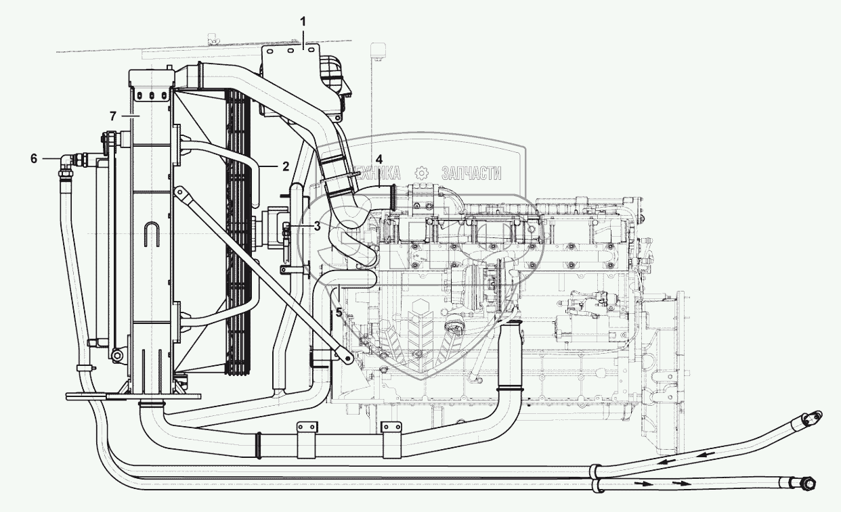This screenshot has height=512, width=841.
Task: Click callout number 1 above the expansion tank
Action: click(303, 21)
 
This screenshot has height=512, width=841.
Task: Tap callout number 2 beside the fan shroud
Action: click(286, 165)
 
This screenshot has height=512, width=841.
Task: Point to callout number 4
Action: click(379, 160)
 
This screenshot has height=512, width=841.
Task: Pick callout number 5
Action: click(339, 312)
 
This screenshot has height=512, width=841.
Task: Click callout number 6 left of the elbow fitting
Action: click(33, 158)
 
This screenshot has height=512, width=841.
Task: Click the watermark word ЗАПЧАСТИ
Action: click(471, 172)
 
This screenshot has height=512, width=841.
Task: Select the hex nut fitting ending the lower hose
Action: click(806, 483)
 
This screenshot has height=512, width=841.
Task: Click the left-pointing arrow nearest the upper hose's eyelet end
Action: click(704, 448)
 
